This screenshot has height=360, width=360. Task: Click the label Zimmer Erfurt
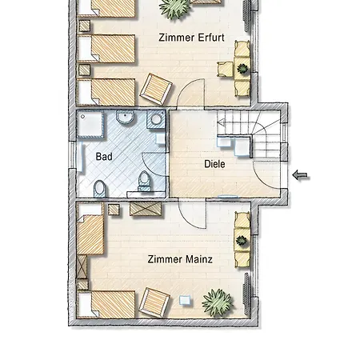click(x=191, y=38)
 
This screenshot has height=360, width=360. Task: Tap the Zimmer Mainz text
click(x=180, y=259)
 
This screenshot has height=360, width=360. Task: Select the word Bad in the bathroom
click(x=104, y=157)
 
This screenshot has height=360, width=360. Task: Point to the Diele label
click(x=214, y=164)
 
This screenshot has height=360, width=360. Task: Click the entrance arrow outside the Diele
click(x=300, y=175)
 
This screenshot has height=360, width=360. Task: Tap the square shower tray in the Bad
click(x=90, y=125)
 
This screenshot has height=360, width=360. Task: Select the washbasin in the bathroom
click(x=125, y=118)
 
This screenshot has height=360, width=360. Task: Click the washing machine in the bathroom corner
click(x=156, y=119)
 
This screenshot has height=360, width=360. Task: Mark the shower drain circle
click(x=82, y=117)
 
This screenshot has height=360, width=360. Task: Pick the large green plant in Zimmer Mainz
click(x=218, y=302)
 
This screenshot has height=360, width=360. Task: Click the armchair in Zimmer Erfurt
click(x=156, y=90)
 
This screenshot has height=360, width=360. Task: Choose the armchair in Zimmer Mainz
click(x=154, y=302)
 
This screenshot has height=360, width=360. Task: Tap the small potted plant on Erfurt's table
click(x=242, y=69)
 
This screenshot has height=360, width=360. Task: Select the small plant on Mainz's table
click(x=242, y=240)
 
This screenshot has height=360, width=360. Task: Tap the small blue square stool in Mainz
click(x=185, y=300)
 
